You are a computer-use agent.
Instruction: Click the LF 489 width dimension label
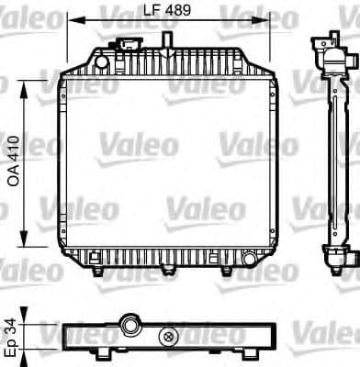(x=164, y=11)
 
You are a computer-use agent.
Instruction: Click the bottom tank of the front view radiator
(x=166, y=255)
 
